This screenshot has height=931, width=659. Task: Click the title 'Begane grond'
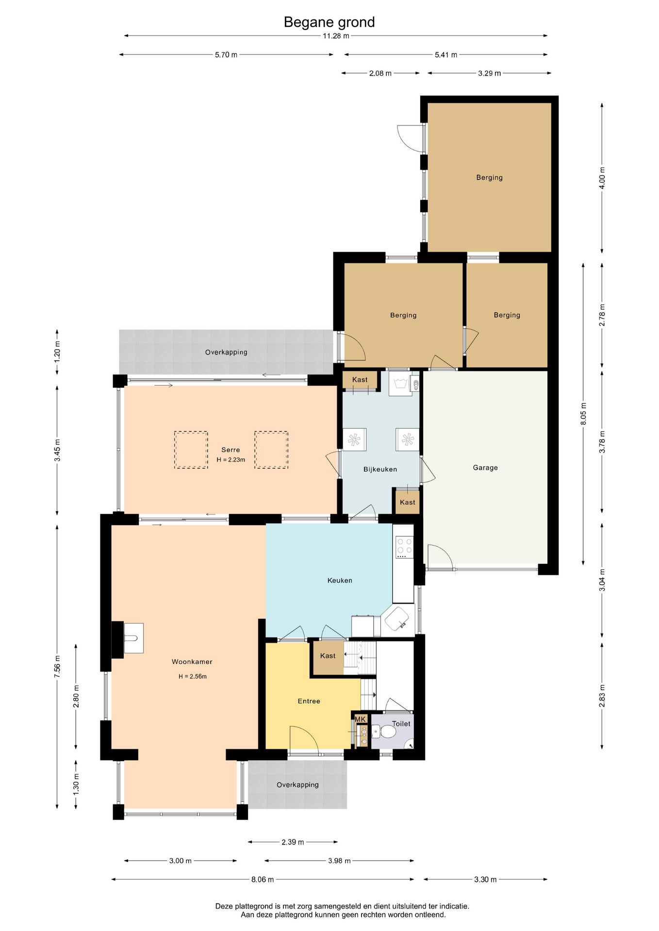click(329, 22)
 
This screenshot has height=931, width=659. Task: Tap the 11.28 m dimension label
click(336, 36)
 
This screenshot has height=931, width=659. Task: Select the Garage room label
click(485, 468)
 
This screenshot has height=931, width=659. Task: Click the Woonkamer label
click(192, 662)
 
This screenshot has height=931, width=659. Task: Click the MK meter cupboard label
click(360, 719)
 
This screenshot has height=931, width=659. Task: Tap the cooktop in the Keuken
click(404, 546)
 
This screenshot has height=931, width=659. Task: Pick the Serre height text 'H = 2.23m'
click(231, 460)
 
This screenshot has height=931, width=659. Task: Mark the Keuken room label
click(340, 580)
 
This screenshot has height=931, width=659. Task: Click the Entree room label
click(309, 701)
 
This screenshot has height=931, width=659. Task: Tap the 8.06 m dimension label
click(263, 880)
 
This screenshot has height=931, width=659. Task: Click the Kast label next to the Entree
click(328, 656)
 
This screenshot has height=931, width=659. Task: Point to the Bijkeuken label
click(380, 469)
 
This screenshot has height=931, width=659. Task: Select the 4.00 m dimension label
click(602, 178)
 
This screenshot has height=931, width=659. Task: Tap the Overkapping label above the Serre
click(226, 353)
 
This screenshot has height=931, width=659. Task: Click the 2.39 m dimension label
click(293, 842)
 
